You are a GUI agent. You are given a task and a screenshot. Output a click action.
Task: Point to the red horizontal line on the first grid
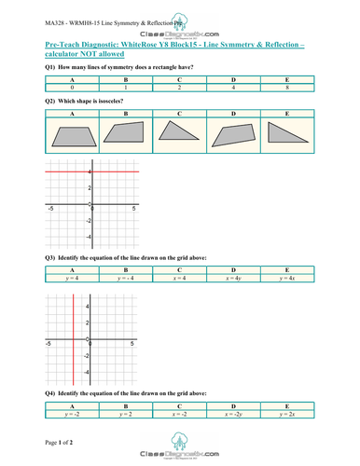tap(93, 172)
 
